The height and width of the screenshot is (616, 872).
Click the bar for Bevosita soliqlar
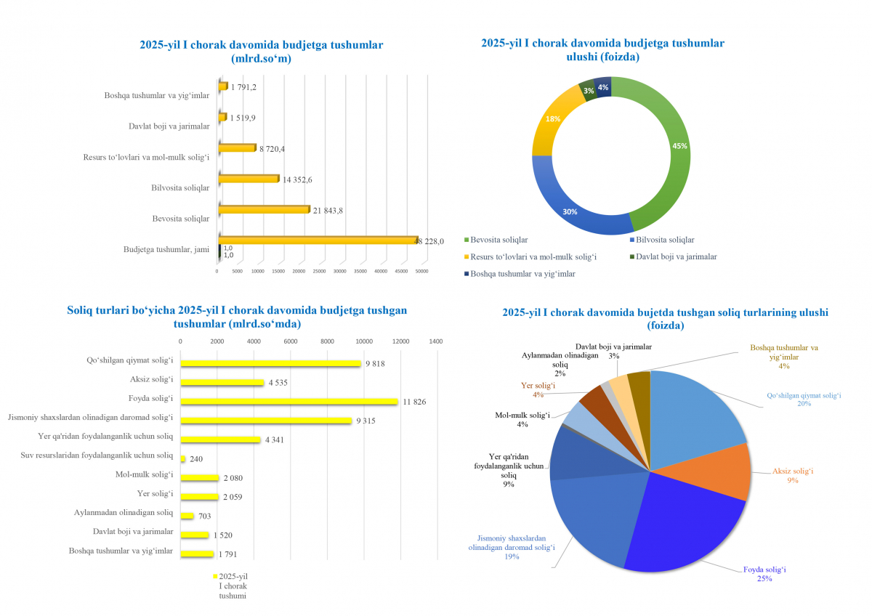264,210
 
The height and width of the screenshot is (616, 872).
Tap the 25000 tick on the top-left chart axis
319,271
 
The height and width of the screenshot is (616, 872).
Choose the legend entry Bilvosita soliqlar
665,239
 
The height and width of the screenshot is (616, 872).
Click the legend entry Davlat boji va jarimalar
676,256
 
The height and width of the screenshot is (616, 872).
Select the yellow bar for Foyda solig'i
289,401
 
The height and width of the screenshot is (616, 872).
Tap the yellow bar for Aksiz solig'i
222,382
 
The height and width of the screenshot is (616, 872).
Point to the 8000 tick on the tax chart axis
327,341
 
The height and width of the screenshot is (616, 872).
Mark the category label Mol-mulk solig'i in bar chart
144,475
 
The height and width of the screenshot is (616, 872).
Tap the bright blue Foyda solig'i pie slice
683,530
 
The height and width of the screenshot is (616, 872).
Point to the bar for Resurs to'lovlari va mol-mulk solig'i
238,148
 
